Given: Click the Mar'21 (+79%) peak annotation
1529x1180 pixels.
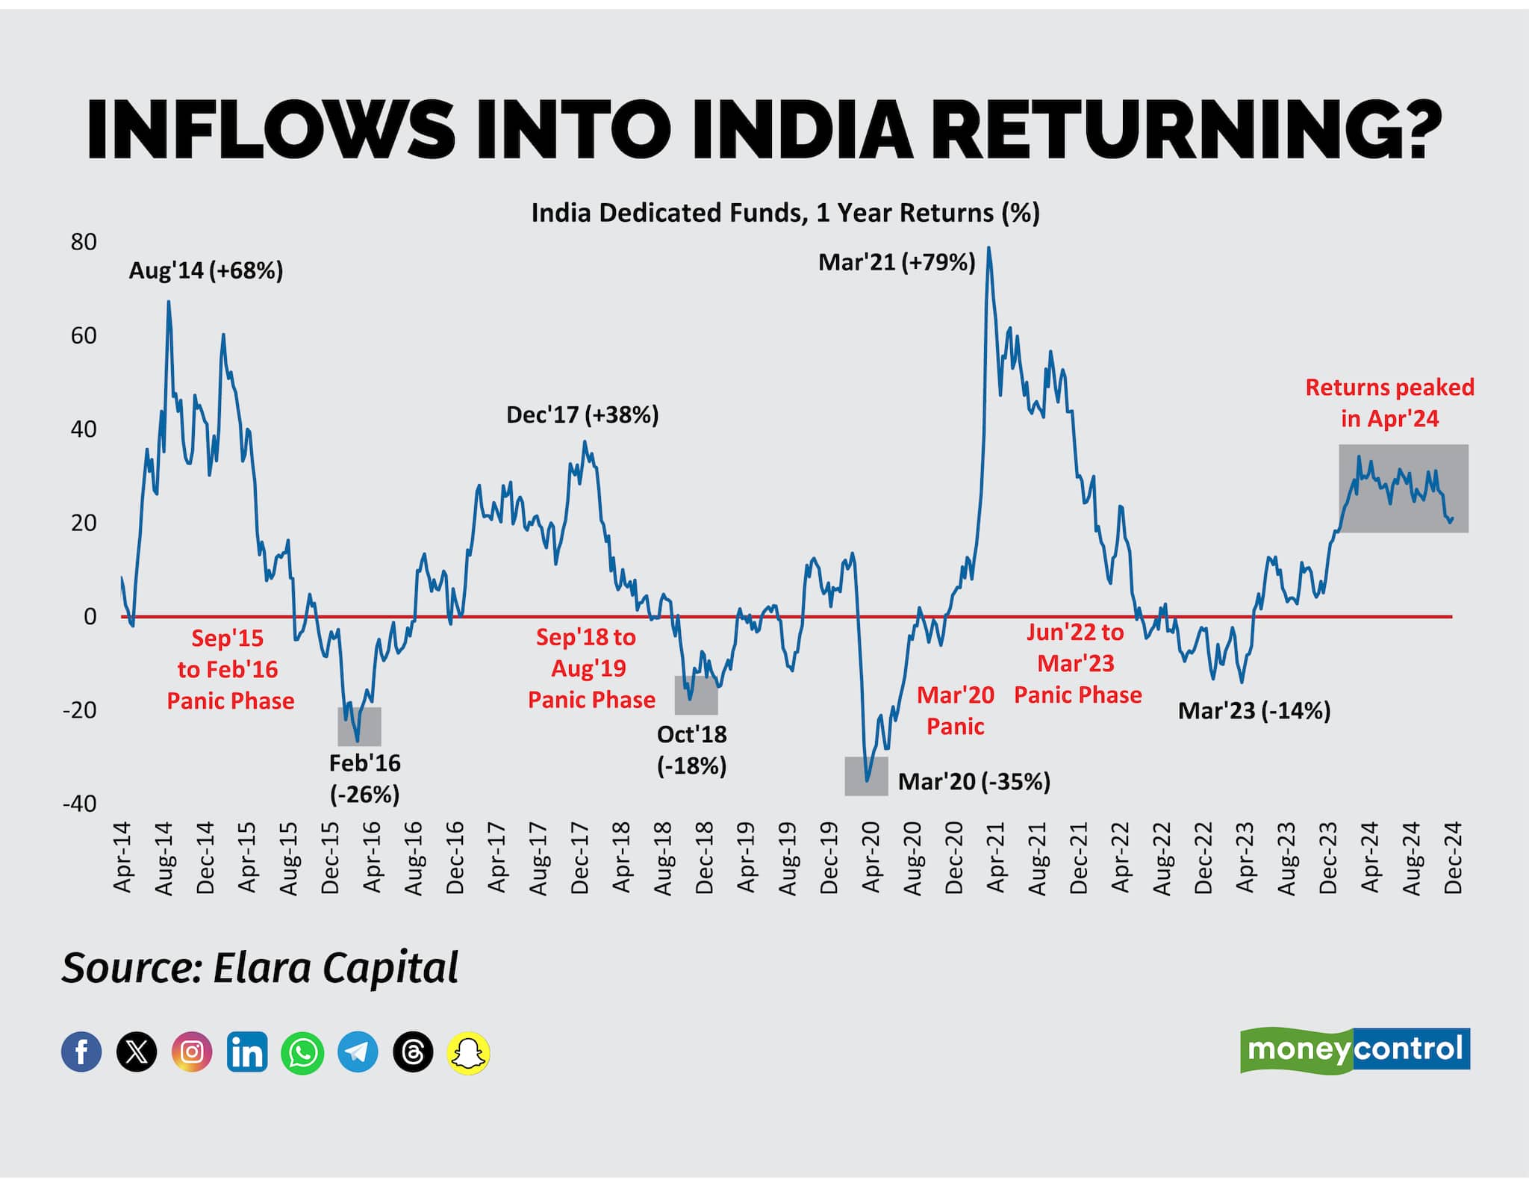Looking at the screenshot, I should pyautogui.click(x=897, y=263).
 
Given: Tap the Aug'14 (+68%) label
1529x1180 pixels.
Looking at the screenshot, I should pyautogui.click(x=206, y=270).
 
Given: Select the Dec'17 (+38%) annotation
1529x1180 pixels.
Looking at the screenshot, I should pyautogui.click(x=582, y=415).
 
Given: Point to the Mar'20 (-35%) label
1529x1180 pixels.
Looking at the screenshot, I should pyautogui.click(x=974, y=782).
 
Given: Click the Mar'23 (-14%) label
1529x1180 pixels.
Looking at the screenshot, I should pyautogui.click(x=1254, y=711).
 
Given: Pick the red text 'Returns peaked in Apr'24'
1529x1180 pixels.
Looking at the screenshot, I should pyautogui.click(x=1389, y=403).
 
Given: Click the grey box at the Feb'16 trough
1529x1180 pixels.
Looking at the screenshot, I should pyautogui.click(x=360, y=727).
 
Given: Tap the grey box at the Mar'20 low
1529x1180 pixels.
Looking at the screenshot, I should pyautogui.click(x=866, y=776).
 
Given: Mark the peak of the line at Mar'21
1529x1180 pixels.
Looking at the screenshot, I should pyautogui.click(x=988, y=249).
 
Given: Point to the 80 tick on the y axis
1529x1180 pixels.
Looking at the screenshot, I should pyautogui.click(x=84, y=242).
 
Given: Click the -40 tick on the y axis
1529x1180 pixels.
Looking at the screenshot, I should pyautogui.click(x=80, y=804).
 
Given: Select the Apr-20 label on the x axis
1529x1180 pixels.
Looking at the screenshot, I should pyautogui.click(x=871, y=857).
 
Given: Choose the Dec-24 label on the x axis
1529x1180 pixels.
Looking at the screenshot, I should pyautogui.click(x=1452, y=857).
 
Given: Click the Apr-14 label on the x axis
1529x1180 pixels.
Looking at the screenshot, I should pyautogui.click(x=122, y=857).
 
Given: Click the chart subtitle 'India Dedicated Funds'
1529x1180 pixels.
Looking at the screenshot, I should pyautogui.click(x=785, y=214).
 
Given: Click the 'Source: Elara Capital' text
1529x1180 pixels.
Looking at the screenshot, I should pyautogui.click(x=260, y=969).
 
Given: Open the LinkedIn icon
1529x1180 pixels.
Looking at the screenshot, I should pyautogui.click(x=247, y=1052).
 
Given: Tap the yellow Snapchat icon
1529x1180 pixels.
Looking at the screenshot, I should pyautogui.click(x=468, y=1053).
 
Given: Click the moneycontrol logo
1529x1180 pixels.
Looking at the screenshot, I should pyautogui.click(x=1354, y=1049).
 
